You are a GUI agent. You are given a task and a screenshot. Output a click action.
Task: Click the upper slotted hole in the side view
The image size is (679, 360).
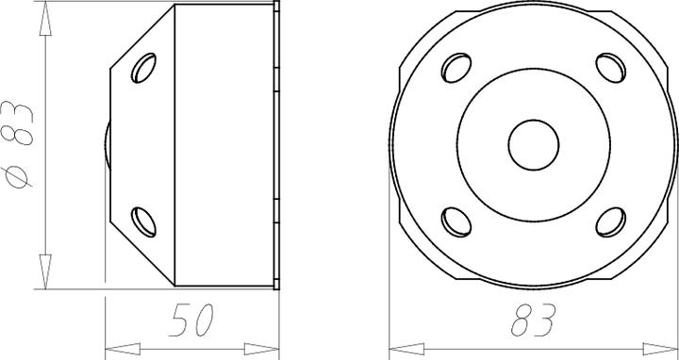pyautogui.click(x=145, y=69)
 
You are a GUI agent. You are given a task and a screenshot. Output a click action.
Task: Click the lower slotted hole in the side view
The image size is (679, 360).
pyautogui.click(x=145, y=220)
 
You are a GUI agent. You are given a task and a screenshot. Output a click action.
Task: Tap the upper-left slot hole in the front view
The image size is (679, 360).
pyautogui.click(x=455, y=68)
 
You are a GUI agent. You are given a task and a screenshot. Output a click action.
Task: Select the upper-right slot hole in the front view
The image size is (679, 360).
pyautogui.click(x=611, y=68)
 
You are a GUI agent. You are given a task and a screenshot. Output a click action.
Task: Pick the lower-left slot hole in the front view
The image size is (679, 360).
pyautogui.click(x=455, y=221)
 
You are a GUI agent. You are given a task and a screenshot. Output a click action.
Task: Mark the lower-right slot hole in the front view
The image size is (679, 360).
pyautogui.click(x=611, y=221)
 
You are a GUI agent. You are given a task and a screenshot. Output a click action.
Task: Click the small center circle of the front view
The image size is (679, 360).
pyautogui.click(x=534, y=144)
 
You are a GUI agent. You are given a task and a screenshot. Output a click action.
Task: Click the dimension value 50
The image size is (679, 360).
pyautogui.click(x=191, y=321)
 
